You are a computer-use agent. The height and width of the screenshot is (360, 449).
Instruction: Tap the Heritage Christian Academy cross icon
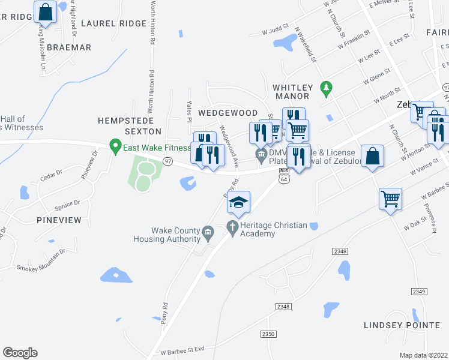(x=233, y=226)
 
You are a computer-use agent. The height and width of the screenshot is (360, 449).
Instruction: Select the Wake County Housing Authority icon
(x=208, y=231)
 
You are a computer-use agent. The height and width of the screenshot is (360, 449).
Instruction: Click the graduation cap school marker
(x=238, y=202)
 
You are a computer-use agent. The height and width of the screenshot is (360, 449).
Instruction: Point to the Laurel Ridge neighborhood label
(x=113, y=23)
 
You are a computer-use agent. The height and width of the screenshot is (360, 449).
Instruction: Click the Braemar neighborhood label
(x=69, y=47)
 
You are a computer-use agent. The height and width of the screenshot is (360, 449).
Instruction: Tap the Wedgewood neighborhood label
(x=228, y=113)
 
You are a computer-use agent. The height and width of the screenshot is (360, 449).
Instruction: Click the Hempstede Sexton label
(x=130, y=125)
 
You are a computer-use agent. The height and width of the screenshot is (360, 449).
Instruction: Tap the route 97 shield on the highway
(x=168, y=161)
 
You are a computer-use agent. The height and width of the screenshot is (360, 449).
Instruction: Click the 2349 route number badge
(x=419, y=291)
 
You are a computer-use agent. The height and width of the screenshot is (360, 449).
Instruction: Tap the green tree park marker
(x=326, y=88)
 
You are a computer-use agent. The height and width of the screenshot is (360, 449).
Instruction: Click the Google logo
(x=20, y=353)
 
